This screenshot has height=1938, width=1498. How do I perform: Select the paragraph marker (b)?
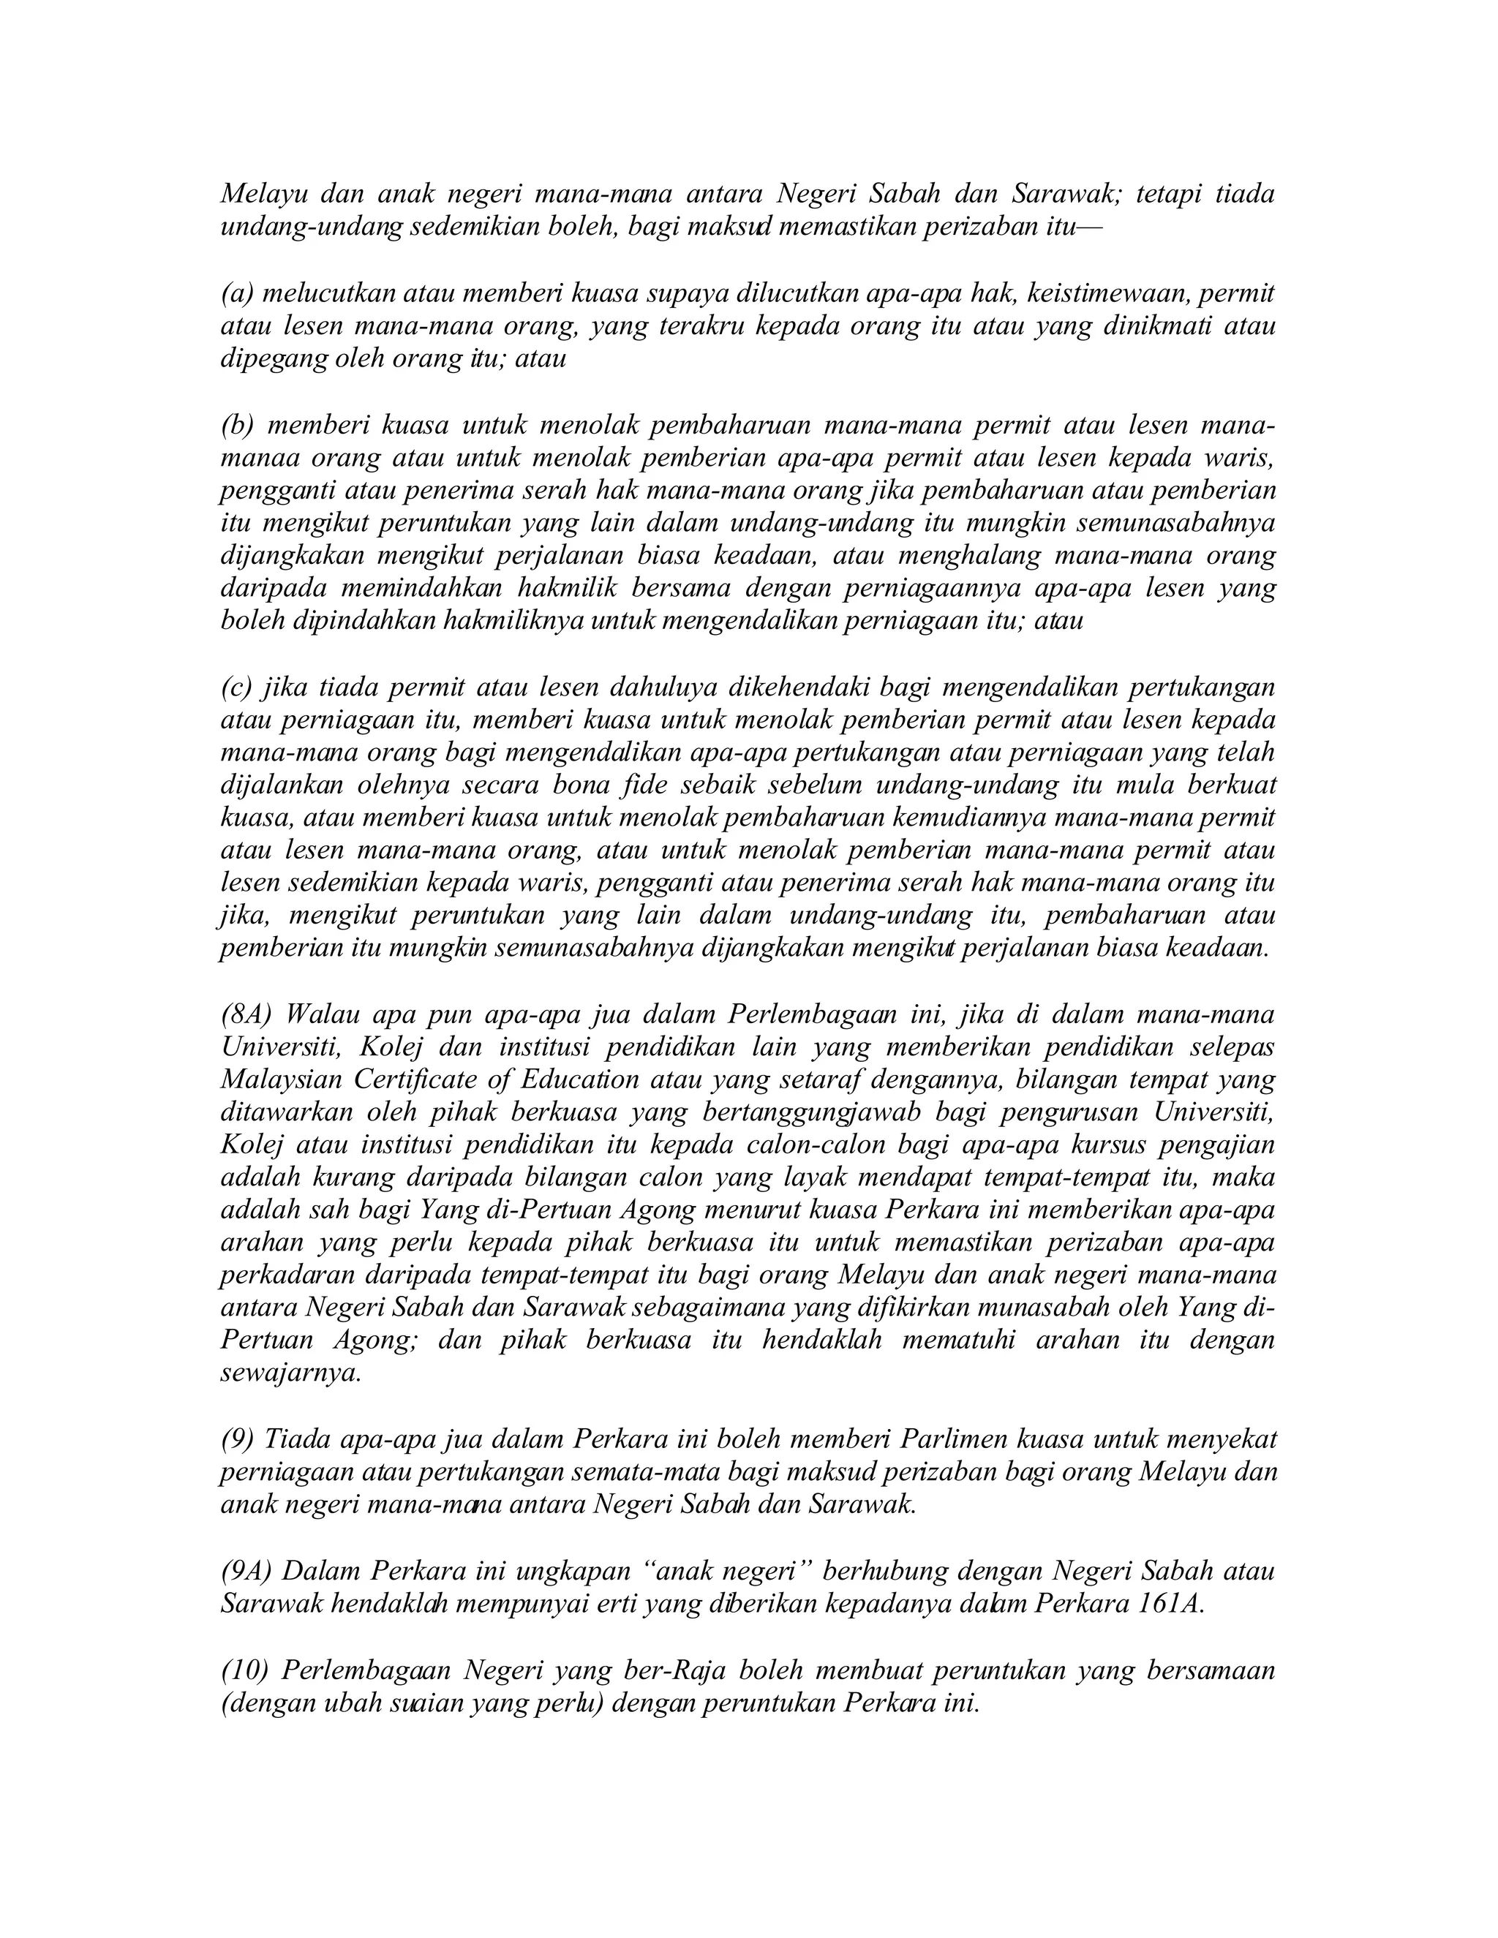(237, 425)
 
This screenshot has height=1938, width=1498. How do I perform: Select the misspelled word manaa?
(258, 458)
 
